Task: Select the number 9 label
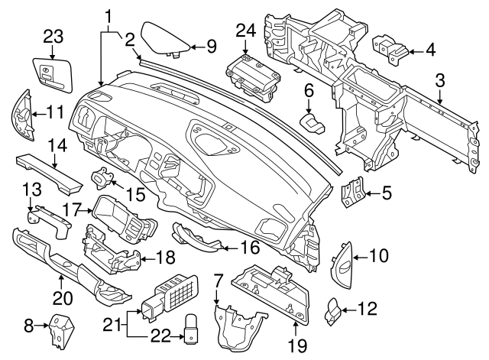212,47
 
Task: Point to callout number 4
430,52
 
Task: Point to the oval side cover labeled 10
341,264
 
